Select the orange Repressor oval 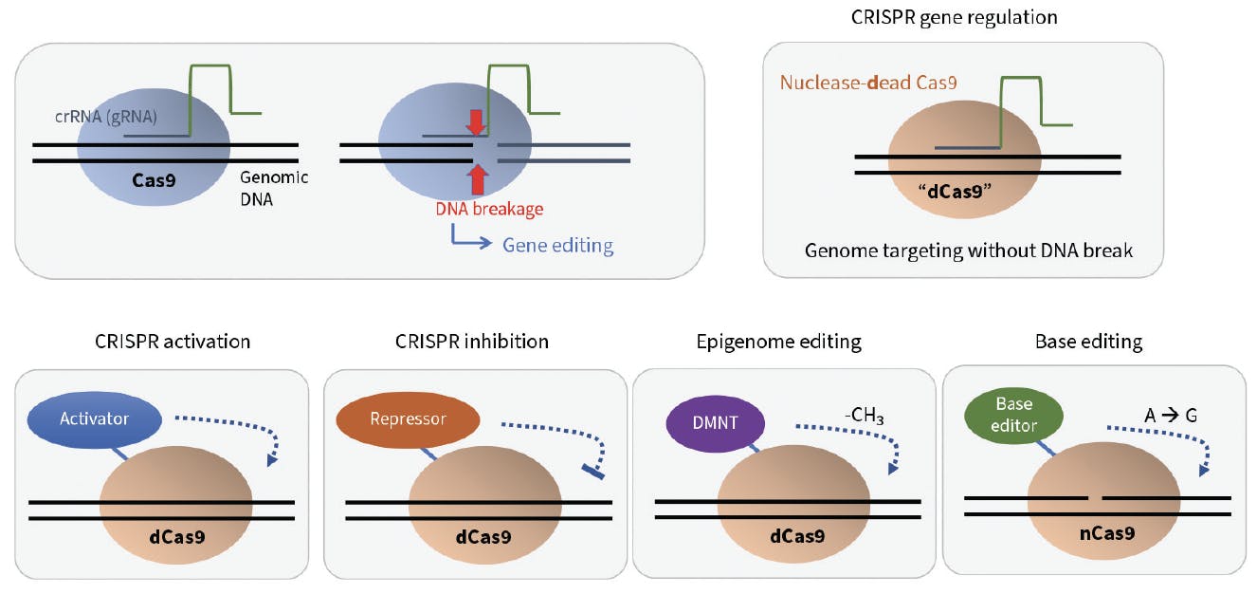(x=408, y=418)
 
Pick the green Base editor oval (x=1013, y=418)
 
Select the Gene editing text (x=557, y=246)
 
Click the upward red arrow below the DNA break (x=477, y=178)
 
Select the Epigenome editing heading (x=776, y=342)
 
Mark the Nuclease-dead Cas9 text (x=867, y=83)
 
